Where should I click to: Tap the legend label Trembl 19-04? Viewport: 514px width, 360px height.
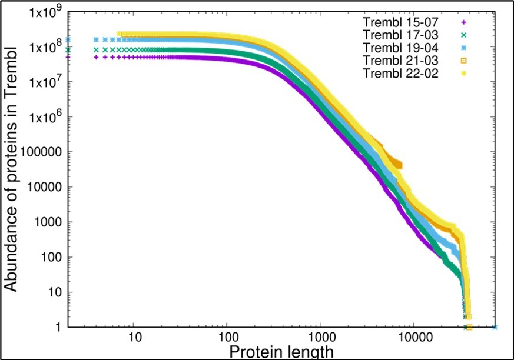pos(397,48)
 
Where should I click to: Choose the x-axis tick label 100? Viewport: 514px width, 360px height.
pos(227,339)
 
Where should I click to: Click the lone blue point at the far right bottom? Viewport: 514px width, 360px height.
pos(495,327)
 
